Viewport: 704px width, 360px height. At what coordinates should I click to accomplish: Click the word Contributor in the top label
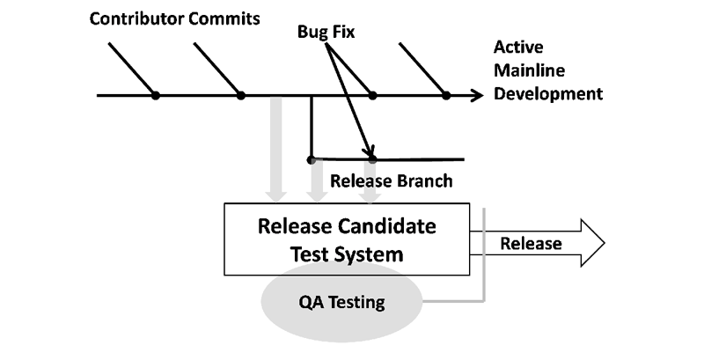tap(136, 18)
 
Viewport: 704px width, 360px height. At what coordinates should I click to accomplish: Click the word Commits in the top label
tap(224, 18)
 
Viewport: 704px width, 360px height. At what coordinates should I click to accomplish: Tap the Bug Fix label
tap(326, 32)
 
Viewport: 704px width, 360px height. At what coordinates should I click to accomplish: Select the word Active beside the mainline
tap(518, 48)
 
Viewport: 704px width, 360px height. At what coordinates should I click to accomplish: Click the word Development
tap(548, 94)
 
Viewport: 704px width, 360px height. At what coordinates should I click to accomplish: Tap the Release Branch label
tap(391, 181)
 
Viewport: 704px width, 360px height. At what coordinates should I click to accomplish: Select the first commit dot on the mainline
tap(156, 96)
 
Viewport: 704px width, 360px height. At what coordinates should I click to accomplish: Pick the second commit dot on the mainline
tap(241, 96)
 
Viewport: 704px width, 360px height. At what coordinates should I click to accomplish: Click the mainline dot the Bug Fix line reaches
tap(372, 96)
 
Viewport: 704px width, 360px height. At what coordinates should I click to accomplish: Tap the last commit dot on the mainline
tap(446, 96)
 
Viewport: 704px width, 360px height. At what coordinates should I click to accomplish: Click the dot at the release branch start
tap(311, 159)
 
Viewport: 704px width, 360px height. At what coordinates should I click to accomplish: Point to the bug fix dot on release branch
tap(372, 159)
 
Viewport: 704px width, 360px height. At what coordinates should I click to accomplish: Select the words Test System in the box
tap(347, 254)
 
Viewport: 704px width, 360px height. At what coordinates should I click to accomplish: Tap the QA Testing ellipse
tap(342, 302)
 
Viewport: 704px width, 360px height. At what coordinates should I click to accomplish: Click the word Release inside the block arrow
tap(532, 243)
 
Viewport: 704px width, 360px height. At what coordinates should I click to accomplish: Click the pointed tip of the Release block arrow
tap(605, 243)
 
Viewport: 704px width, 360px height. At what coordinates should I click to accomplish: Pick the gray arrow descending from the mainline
tap(275, 149)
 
